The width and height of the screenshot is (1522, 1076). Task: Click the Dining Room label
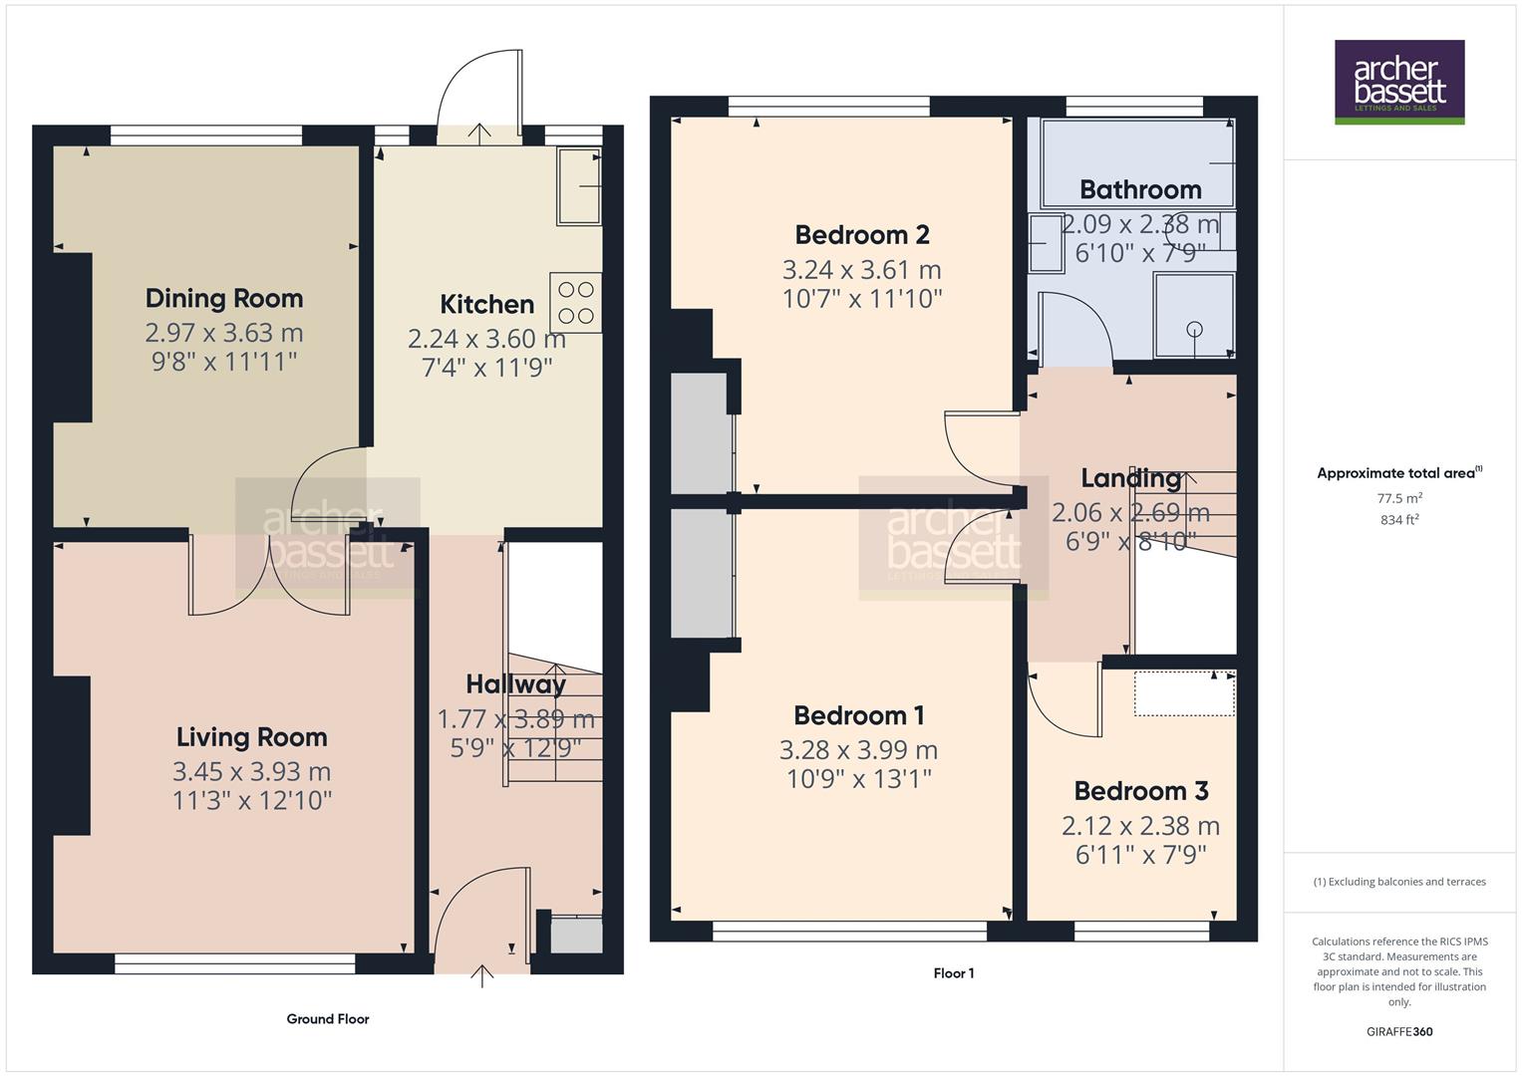223,298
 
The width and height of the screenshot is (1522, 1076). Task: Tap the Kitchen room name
486,304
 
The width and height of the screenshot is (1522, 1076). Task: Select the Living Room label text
251,737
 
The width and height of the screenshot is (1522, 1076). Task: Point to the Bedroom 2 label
862,235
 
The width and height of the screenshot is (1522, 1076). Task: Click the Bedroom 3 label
1140,791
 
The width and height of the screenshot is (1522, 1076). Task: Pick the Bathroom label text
1139,189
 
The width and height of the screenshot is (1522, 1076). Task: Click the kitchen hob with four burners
575,303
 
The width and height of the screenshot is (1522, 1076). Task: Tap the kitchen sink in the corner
578,186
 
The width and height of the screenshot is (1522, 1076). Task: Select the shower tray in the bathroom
1194,315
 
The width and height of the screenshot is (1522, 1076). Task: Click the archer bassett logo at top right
1398,82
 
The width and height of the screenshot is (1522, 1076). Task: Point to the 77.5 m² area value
1399,498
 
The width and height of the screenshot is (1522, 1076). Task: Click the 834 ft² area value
1399,519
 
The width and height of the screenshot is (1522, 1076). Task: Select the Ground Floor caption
328,1018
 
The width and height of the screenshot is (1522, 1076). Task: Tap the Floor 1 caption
954,973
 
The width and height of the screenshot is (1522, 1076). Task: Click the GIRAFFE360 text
1399,1031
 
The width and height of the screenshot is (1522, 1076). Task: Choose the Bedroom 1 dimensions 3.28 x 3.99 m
858,750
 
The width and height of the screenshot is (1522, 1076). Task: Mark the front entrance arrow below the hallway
481,975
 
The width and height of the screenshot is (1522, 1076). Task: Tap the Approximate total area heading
1399,473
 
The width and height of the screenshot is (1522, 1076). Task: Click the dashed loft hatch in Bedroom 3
1184,693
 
